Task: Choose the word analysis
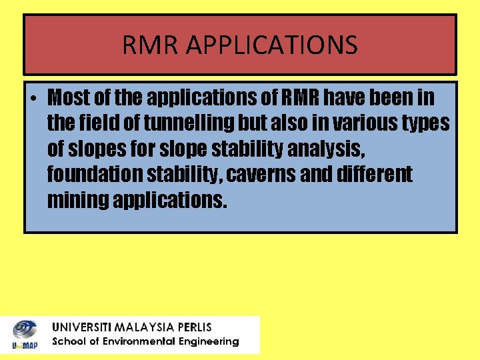click(325, 149)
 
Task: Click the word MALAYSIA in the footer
click(145, 327)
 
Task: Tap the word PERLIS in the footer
click(194, 327)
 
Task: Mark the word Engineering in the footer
click(208, 341)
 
